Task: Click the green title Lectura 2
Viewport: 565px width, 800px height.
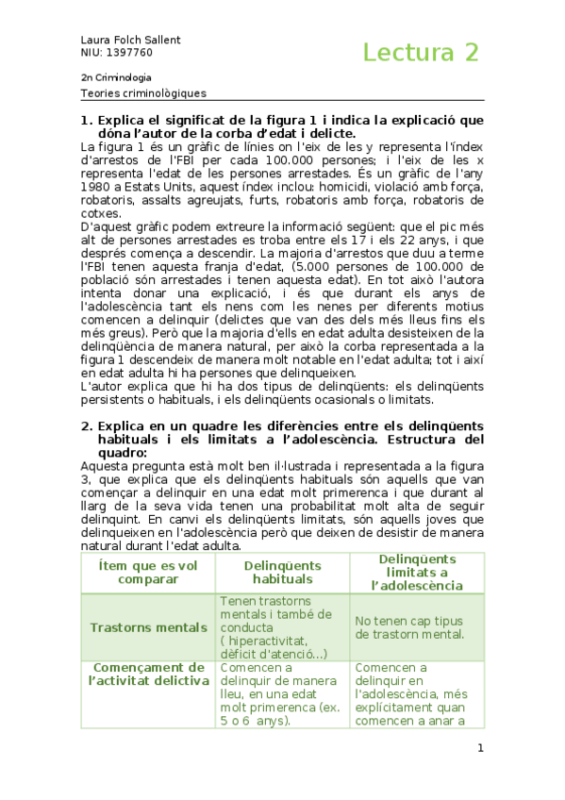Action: [421, 52]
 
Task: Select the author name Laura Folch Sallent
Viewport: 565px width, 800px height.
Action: [131, 40]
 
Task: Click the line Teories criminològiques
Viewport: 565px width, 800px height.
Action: [143, 93]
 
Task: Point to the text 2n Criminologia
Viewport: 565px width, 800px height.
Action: [117, 77]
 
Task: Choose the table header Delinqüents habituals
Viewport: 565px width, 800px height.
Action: [281, 571]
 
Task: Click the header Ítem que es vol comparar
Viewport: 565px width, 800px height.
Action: [148, 571]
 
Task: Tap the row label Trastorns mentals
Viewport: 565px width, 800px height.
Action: [148, 627]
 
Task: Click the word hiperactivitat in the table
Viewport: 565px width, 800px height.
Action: [274, 641]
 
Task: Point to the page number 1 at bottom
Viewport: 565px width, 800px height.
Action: [480, 748]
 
